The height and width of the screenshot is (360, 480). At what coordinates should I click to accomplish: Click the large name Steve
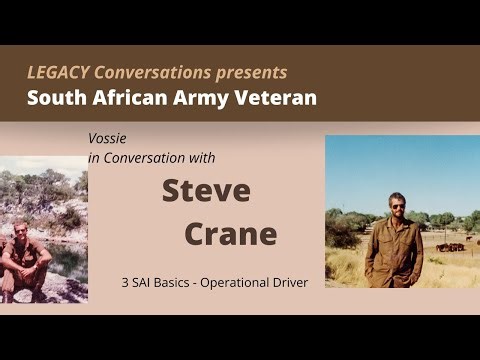point(206,190)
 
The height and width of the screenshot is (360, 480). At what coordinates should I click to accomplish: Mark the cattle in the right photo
point(450,246)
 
